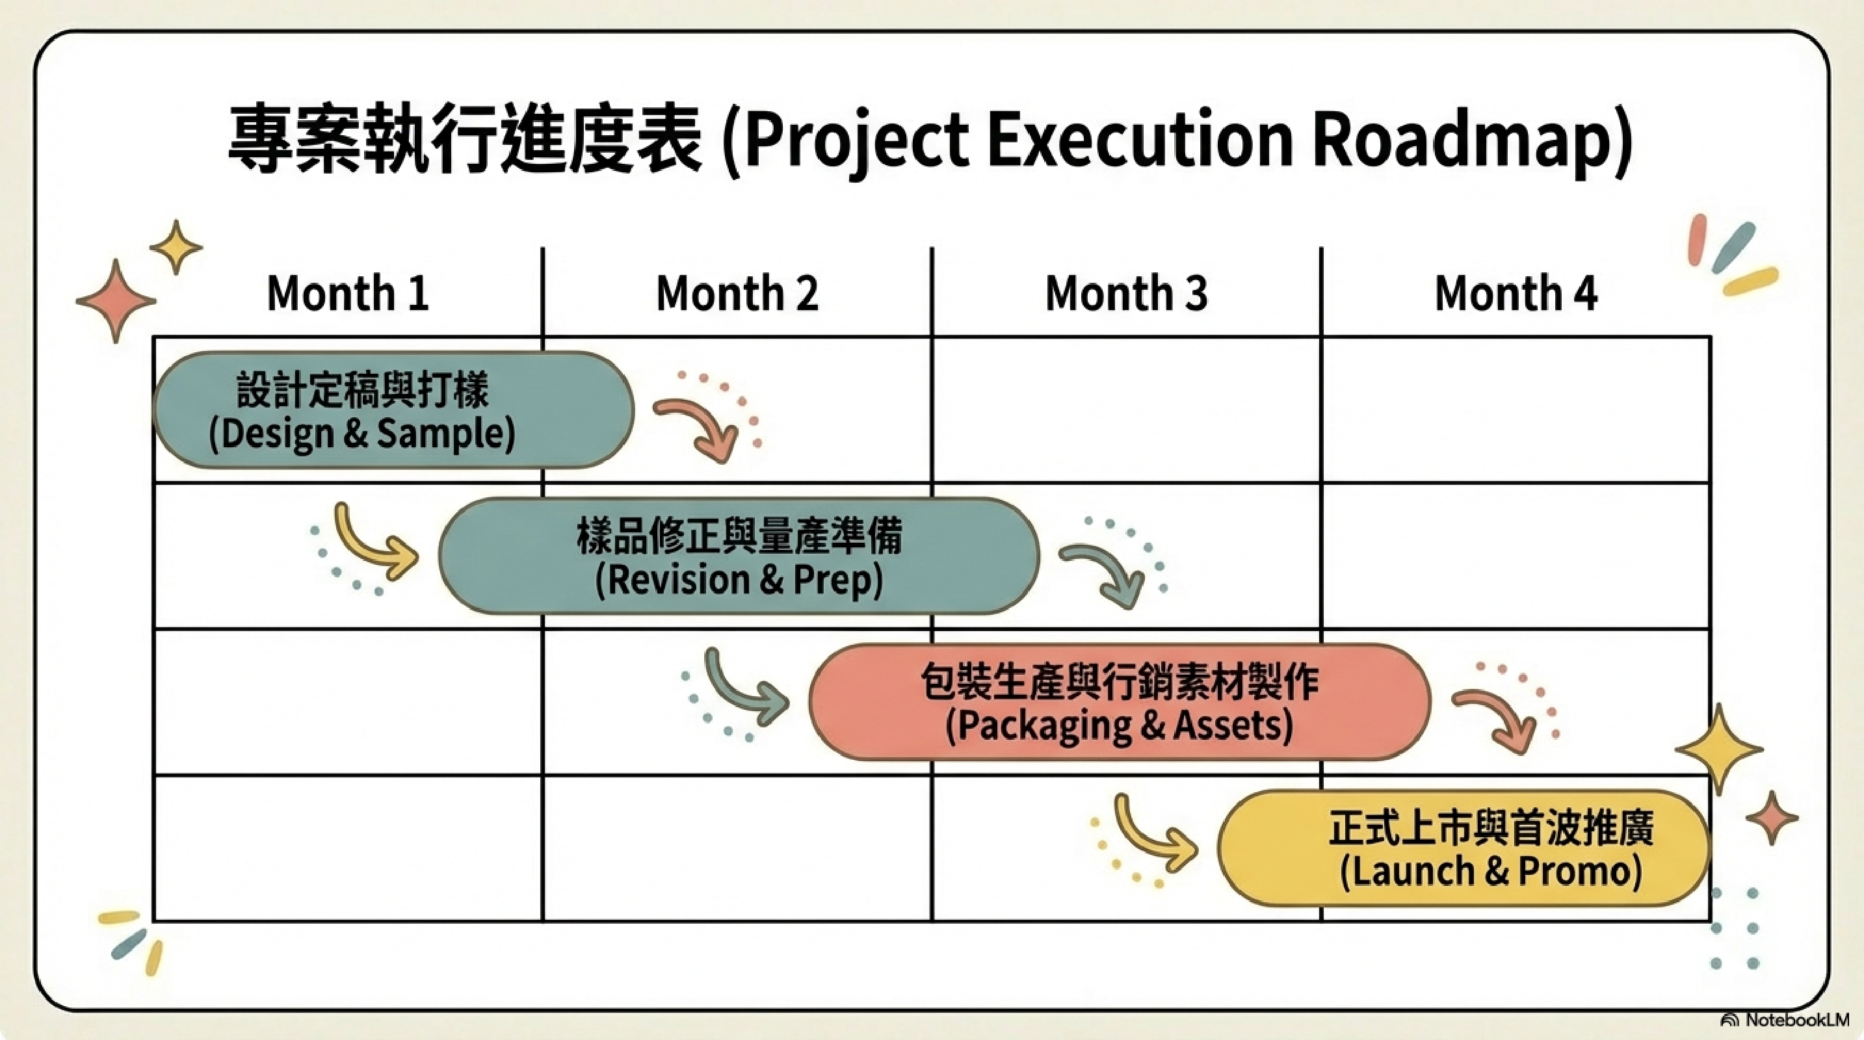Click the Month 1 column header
[x=348, y=294]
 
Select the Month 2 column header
[x=737, y=294]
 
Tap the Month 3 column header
[x=1127, y=294]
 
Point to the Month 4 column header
[x=1516, y=294]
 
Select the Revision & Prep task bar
[x=739, y=556]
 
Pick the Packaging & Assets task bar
[x=1120, y=702]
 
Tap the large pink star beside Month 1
[x=116, y=301]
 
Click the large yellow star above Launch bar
[x=1719, y=749]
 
